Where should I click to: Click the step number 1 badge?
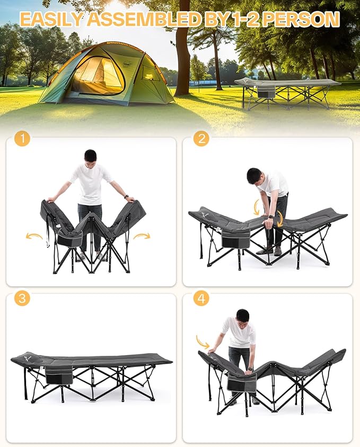(x=22, y=139)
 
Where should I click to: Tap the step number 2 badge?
(x=201, y=139)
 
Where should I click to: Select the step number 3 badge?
(x=22, y=298)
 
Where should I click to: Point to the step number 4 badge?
(x=201, y=299)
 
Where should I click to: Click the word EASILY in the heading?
(x=51, y=20)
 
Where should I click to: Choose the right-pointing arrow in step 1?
(x=142, y=235)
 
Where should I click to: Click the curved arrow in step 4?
(x=203, y=341)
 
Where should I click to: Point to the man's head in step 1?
(x=91, y=156)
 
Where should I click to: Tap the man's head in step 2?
(x=255, y=175)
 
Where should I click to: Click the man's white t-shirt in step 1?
(x=91, y=183)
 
